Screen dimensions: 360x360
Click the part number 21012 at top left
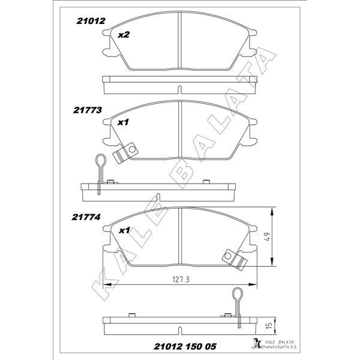(91, 20)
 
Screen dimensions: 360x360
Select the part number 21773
(88, 110)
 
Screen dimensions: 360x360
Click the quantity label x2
(124, 35)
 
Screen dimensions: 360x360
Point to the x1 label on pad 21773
(124, 122)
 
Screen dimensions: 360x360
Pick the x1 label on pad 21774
(124, 230)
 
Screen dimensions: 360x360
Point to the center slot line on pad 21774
(180, 236)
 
